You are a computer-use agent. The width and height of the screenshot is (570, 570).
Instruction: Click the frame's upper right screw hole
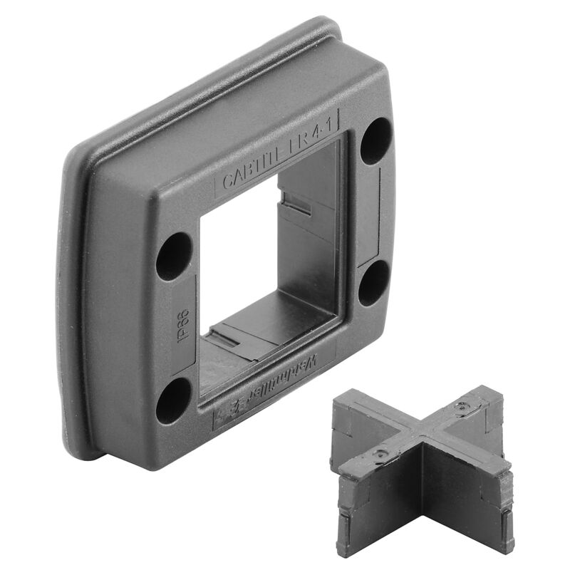(375, 140)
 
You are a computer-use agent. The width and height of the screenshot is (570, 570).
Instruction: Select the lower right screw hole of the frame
(373, 283)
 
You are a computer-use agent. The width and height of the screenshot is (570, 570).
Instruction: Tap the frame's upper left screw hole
(174, 256)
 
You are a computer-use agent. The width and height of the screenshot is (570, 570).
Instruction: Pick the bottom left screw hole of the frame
(174, 400)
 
